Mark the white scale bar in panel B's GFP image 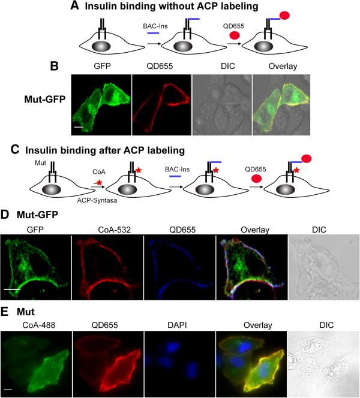pyautogui.click(x=77, y=126)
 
